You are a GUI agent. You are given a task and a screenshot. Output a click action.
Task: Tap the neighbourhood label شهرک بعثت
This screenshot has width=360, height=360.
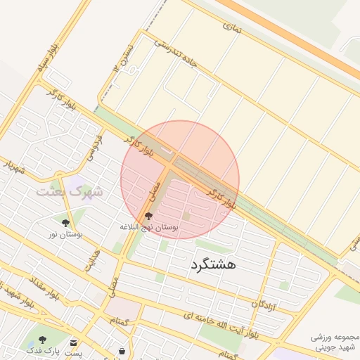click(69, 191)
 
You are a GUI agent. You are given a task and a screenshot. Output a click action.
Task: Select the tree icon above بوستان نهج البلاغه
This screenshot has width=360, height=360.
click(148, 217)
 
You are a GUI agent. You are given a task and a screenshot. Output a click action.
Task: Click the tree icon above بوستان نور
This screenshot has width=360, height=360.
click(65, 223)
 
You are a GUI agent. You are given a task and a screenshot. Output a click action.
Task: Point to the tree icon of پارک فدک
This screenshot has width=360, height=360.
click(41, 340)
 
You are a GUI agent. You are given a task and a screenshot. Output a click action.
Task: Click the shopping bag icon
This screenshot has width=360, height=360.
click(122, 349)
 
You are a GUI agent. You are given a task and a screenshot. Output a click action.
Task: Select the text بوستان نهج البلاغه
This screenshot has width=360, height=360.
click(149, 228)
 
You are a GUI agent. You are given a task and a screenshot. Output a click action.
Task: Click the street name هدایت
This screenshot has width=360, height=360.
click(93, 261)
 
